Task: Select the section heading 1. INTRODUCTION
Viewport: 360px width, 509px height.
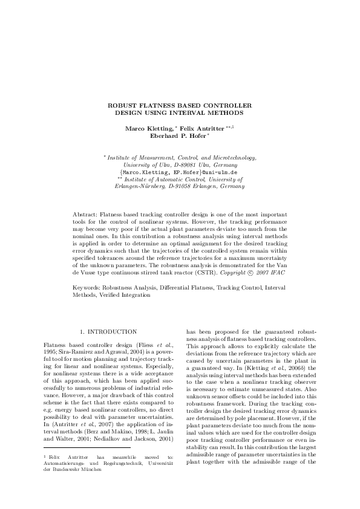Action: click(108, 332)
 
